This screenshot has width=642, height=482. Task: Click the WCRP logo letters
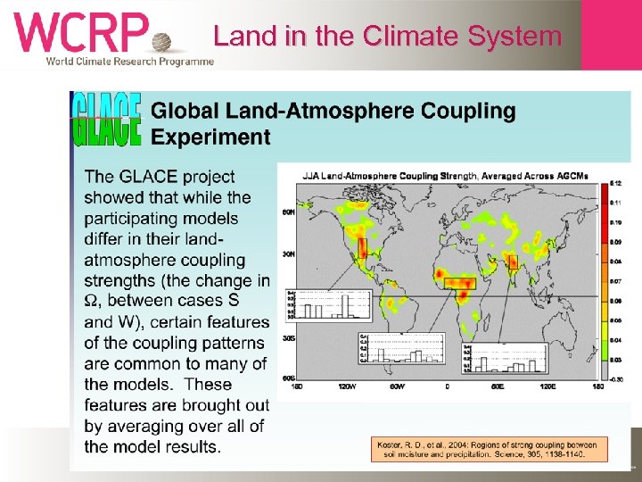coord(80,33)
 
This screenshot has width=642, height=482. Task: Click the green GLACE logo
coord(106,119)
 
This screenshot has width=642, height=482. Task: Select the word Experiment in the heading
coord(210,137)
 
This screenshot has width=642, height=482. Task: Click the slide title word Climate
coord(406,37)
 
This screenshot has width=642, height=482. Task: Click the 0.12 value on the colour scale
coord(615,183)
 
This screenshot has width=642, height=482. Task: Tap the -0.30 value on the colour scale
coord(615,378)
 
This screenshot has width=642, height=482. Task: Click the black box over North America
coord(362,248)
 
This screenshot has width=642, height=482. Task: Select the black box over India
coord(512,262)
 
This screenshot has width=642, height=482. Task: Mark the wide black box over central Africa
coord(460,283)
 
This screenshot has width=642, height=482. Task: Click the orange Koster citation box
coord(490,448)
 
